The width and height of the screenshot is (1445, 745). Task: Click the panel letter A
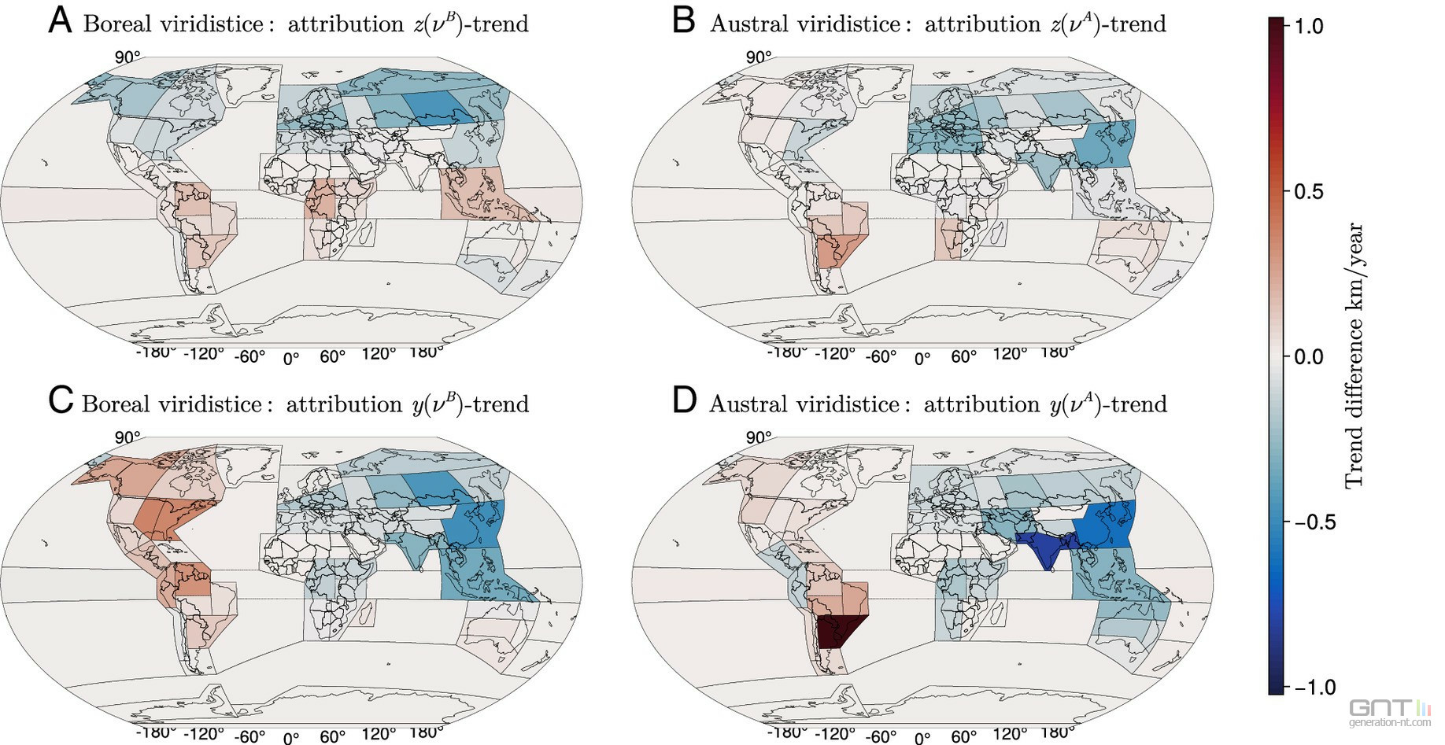pos(60,21)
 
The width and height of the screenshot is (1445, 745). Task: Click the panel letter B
pos(684,21)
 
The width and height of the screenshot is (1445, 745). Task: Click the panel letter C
pos(61,401)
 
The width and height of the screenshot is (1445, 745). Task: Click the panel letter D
pos(685,401)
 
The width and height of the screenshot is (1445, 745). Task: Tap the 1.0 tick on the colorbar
pos(1309,26)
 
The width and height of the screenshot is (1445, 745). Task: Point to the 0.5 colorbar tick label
pos(1309,191)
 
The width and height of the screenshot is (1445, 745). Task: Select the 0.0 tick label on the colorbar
pos(1309,356)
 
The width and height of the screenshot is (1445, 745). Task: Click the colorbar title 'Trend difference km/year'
pos(1354,356)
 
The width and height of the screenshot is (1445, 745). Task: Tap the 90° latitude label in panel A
pos(128,57)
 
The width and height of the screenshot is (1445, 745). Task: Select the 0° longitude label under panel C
pos(291,738)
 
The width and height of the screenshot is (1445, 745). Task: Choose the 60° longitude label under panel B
pos(964,356)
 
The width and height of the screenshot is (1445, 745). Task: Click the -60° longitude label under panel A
pos(249,356)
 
